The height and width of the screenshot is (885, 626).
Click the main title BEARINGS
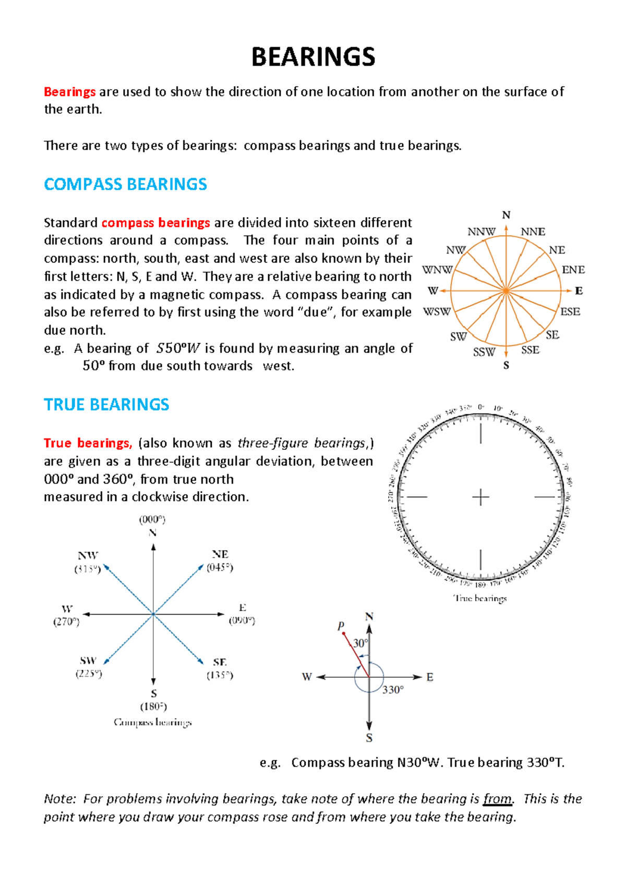coord(313,57)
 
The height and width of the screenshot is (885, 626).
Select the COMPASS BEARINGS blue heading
coord(125,184)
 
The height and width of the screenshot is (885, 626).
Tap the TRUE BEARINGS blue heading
coord(106,404)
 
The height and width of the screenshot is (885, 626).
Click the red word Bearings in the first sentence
coord(69,92)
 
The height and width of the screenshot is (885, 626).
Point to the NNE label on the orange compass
coord(533,232)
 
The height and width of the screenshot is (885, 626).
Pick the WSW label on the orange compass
coord(437,312)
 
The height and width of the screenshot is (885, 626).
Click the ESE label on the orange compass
coord(570,312)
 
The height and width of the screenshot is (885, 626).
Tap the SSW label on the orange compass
coord(484,352)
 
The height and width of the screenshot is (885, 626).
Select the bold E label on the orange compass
coord(579,291)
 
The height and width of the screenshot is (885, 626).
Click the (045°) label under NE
coord(220,567)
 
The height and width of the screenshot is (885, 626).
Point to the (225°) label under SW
coord(89,674)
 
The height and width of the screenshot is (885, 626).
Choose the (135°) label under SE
coord(220,675)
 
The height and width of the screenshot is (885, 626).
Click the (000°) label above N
coord(152,519)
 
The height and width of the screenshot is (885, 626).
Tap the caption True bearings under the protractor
coord(480,598)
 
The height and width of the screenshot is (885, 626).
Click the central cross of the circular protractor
coord(480,497)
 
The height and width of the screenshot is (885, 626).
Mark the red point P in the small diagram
coord(343,633)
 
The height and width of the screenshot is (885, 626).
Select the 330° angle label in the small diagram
coord(393,690)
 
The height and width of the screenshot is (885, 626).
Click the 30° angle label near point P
coord(360,643)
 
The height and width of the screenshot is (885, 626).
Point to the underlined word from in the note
coord(498,799)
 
